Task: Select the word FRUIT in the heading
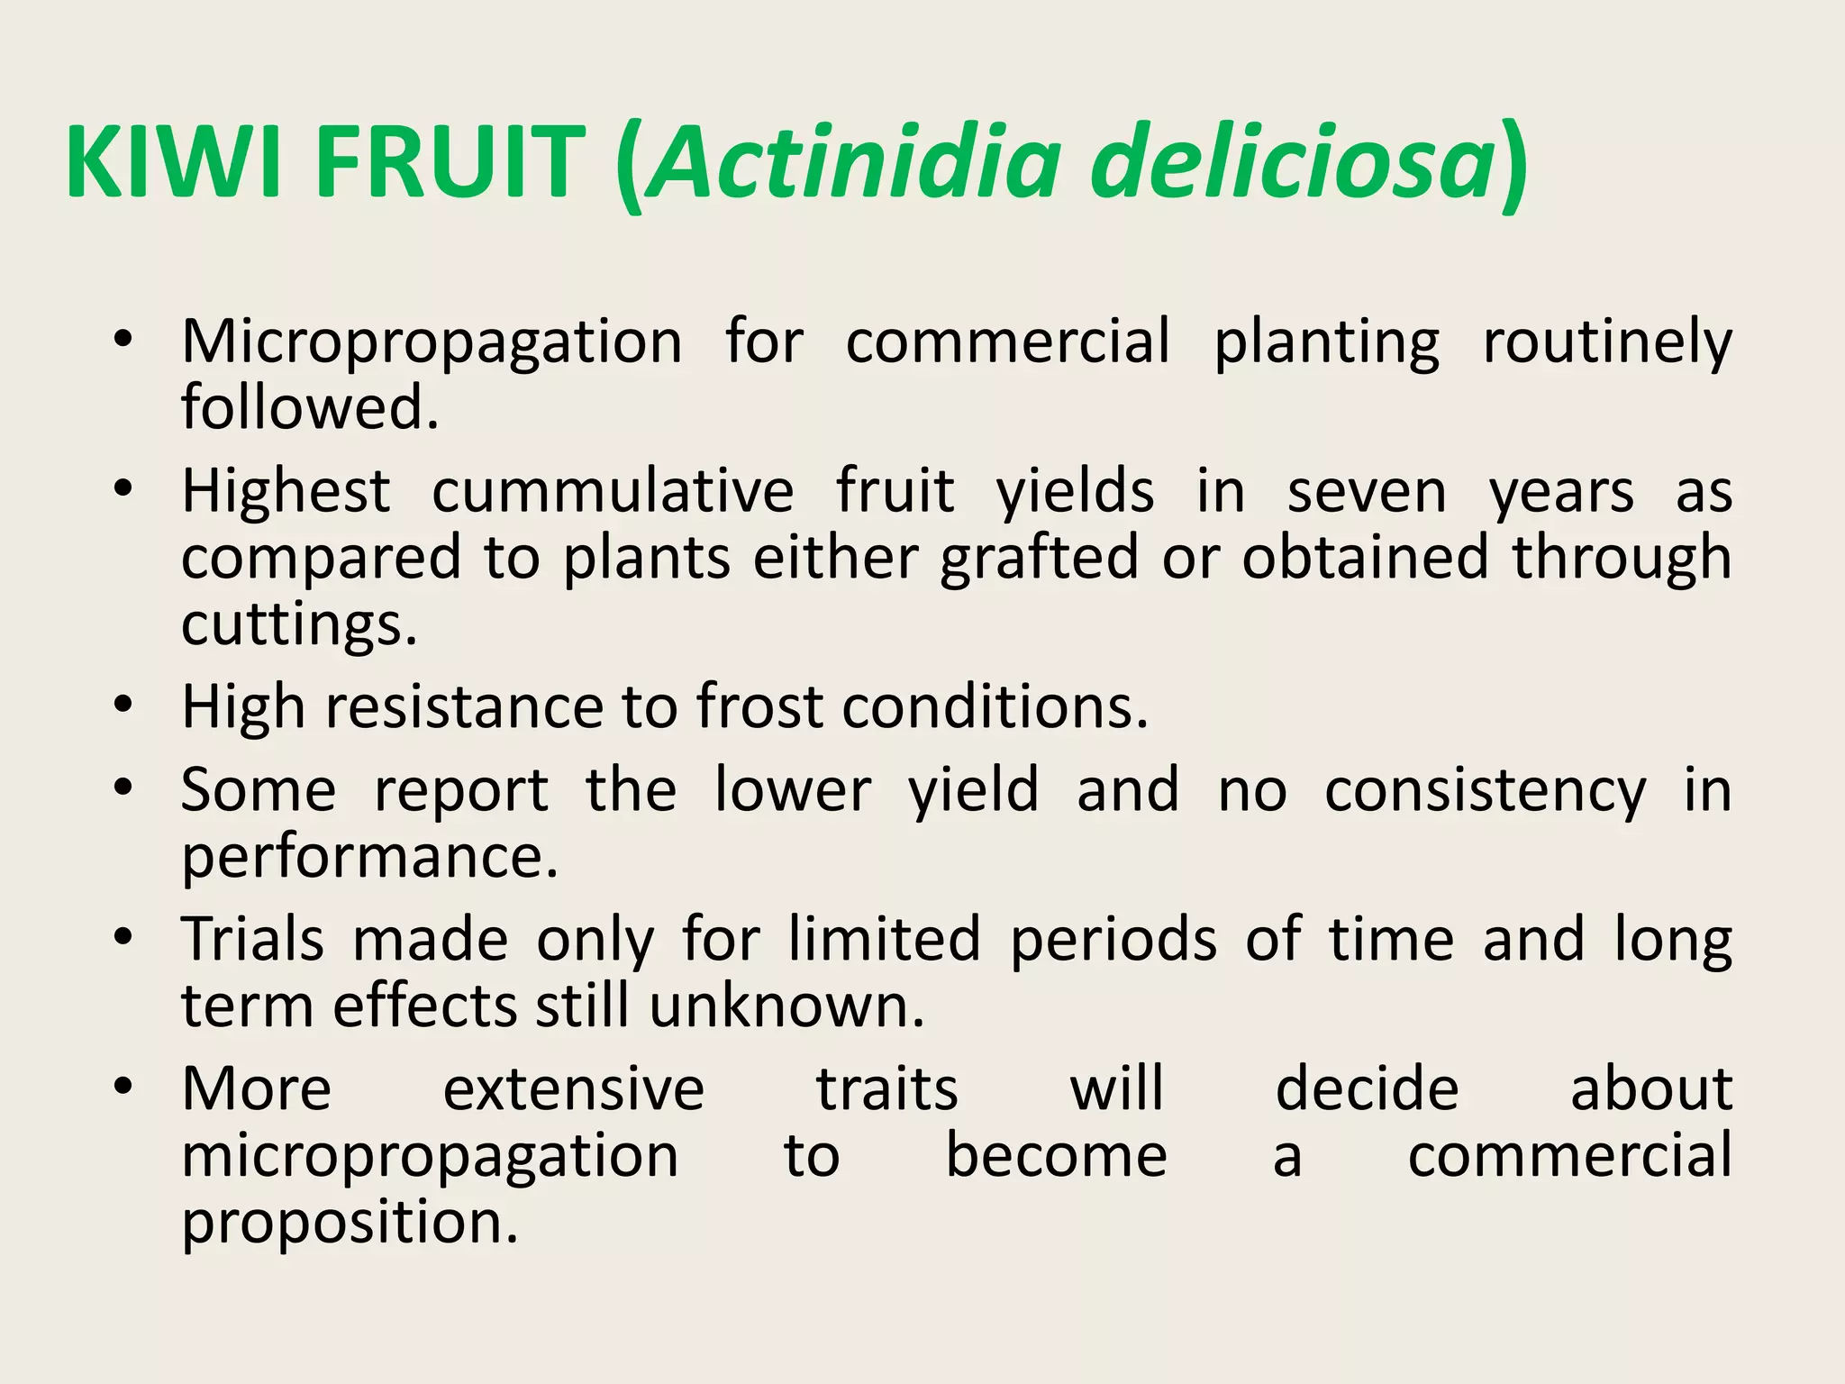[x=450, y=163]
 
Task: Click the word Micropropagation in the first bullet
[x=432, y=343]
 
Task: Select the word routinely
[x=1607, y=343]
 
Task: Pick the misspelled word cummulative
[x=613, y=493]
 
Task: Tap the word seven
[x=1367, y=493]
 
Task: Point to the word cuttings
[x=298, y=624]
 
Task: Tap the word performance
[x=369, y=857]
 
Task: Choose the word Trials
[x=253, y=939]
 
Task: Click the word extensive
[x=574, y=1089]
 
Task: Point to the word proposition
[x=350, y=1224]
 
